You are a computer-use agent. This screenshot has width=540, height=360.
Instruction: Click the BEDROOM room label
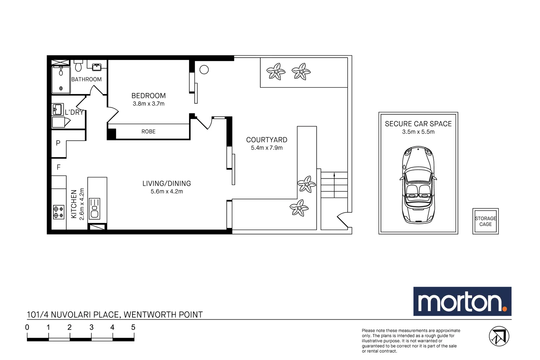point(148,96)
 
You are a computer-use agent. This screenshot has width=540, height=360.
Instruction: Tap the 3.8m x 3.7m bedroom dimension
point(148,104)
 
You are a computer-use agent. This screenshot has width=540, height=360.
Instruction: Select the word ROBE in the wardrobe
point(148,132)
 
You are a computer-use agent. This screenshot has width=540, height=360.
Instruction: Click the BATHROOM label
point(86,79)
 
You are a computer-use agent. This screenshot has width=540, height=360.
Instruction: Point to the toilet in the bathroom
point(78,66)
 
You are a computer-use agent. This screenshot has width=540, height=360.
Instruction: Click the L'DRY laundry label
point(74,112)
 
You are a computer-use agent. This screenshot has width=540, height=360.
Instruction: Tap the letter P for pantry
point(58,143)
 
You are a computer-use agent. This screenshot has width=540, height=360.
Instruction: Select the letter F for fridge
point(59,167)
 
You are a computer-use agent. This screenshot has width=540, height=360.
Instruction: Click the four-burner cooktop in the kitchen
point(59,212)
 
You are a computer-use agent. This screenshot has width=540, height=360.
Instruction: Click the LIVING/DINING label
point(167,183)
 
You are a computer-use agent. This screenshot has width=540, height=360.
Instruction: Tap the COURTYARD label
point(267,140)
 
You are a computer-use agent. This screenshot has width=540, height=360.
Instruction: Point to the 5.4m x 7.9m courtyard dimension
point(267,148)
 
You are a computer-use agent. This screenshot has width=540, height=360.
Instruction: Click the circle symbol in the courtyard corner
point(204,70)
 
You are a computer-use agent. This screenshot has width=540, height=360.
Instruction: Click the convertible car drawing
point(418,185)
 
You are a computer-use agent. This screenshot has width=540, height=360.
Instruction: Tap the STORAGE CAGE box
point(485,221)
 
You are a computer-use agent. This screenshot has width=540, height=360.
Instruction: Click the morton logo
point(462,301)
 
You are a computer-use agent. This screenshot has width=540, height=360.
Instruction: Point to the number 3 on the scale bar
point(91,327)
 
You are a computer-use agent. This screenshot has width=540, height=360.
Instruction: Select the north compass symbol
point(499,336)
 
